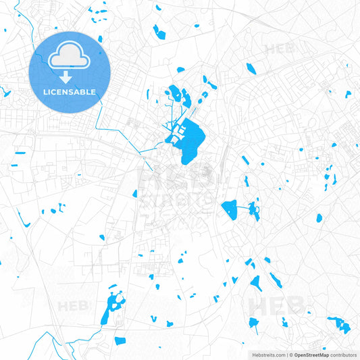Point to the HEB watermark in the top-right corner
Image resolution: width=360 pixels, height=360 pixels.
(x=279, y=49)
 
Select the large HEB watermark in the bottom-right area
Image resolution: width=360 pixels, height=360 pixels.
(x=277, y=305)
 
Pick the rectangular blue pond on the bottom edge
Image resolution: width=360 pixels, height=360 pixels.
(x=120, y=341)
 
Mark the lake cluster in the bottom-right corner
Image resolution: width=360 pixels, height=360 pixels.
(x=340, y=325)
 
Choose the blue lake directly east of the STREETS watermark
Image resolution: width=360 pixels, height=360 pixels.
(x=230, y=209)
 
